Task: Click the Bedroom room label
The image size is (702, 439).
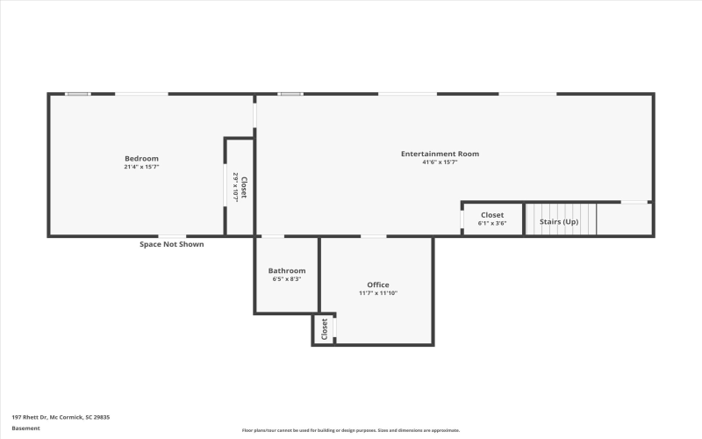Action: pos(141,158)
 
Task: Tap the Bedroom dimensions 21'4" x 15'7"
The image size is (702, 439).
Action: pos(141,166)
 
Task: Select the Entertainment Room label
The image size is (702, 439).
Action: pos(440,154)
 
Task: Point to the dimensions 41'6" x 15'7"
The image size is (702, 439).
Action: pos(440,162)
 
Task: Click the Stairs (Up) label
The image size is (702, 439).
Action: pos(558,221)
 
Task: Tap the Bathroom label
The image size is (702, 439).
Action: pos(287,270)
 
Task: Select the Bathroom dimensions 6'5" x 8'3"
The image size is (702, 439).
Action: pos(287,279)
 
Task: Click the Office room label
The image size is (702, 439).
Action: pos(378,284)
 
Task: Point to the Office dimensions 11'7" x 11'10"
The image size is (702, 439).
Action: pos(378,293)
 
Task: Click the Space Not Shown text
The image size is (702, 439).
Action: pos(172,244)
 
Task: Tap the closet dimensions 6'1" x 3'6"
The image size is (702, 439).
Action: pos(491,223)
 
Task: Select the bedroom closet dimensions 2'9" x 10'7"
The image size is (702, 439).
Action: pos(235,187)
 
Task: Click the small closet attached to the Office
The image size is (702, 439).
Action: pos(324,329)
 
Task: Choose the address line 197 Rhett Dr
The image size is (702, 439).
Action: pos(61,417)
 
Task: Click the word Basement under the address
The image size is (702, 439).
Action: pos(25,428)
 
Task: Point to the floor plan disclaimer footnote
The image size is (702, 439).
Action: pos(351,430)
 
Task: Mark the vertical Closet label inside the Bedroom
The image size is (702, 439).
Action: pos(245,187)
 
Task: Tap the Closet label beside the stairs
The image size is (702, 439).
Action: pos(491,214)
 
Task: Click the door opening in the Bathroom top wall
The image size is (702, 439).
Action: pos(273,236)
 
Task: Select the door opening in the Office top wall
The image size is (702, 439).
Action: pos(374,236)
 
